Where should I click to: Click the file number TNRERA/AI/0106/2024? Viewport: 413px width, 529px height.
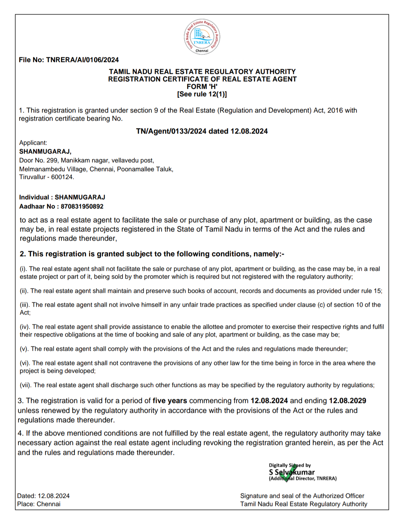(82, 60)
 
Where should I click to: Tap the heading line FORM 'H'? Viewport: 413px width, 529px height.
(202, 87)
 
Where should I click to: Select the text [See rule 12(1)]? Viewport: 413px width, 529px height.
(202, 94)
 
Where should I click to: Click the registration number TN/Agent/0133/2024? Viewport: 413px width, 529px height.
(171, 131)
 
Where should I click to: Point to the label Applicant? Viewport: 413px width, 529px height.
(33, 143)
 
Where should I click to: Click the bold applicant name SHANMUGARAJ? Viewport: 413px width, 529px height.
(45, 151)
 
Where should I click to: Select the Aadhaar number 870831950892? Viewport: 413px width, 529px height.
(82, 206)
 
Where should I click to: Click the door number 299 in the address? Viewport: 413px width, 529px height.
(52, 160)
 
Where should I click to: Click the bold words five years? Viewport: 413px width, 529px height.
(170, 401)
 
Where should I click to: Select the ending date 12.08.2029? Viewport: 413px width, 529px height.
(347, 401)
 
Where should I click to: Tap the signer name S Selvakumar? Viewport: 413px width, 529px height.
(291, 472)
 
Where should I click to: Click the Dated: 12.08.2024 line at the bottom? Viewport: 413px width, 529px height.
(43, 496)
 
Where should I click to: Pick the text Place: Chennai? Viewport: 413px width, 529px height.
(39, 504)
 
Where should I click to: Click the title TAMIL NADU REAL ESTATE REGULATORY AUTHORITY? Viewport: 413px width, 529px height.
(202, 72)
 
